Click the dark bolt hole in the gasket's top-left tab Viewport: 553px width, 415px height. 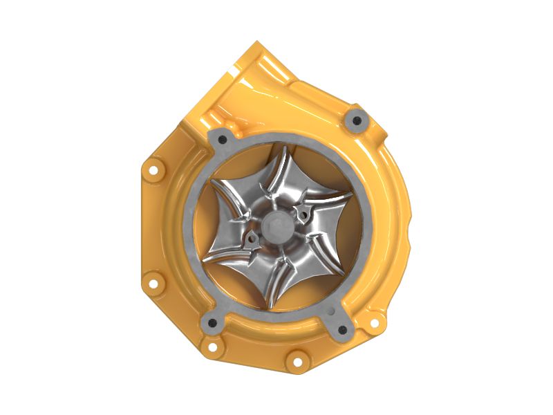pos(223,140)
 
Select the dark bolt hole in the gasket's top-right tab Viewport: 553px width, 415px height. pos(357,121)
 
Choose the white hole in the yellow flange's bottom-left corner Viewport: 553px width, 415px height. pos(212,345)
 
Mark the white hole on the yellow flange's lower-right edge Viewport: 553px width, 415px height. pos(374,322)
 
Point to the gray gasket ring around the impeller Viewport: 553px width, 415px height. pos(191,228)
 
